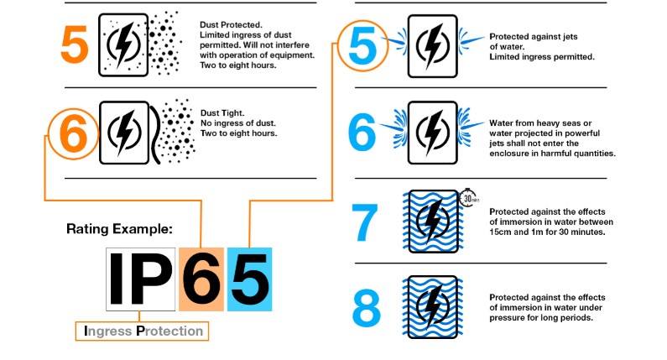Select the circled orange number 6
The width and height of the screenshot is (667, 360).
click(74, 134)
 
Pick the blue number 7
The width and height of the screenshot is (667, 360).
click(367, 222)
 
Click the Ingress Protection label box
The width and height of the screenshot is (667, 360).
click(143, 331)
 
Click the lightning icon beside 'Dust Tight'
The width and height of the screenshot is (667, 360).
click(126, 133)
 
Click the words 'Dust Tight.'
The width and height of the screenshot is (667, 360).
click(219, 112)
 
